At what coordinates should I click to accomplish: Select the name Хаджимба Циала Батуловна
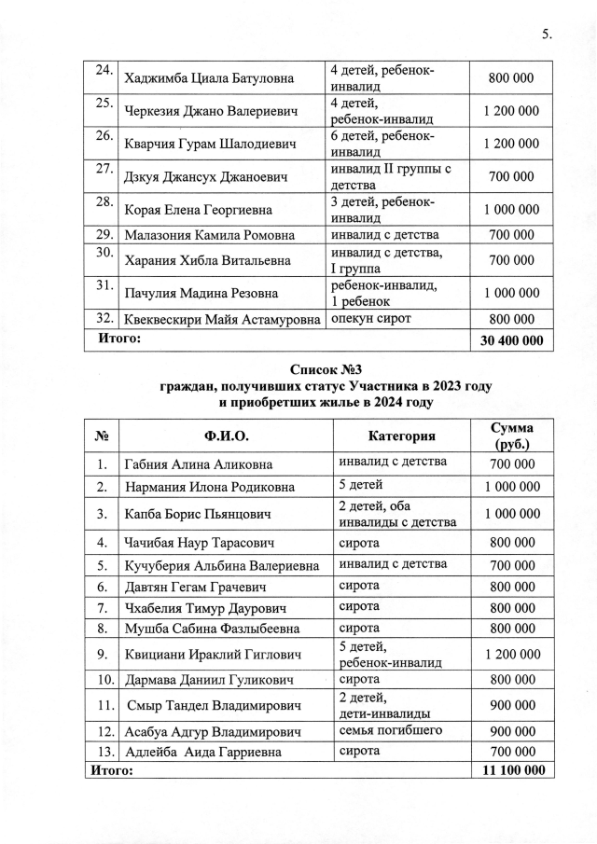click(x=208, y=78)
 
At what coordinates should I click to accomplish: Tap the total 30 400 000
click(x=511, y=341)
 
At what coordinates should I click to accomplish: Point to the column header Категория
click(x=402, y=436)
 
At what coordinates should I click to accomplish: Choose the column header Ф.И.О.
click(x=226, y=436)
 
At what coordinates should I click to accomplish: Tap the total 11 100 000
click(x=511, y=771)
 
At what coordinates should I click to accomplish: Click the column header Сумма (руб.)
click(x=511, y=436)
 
